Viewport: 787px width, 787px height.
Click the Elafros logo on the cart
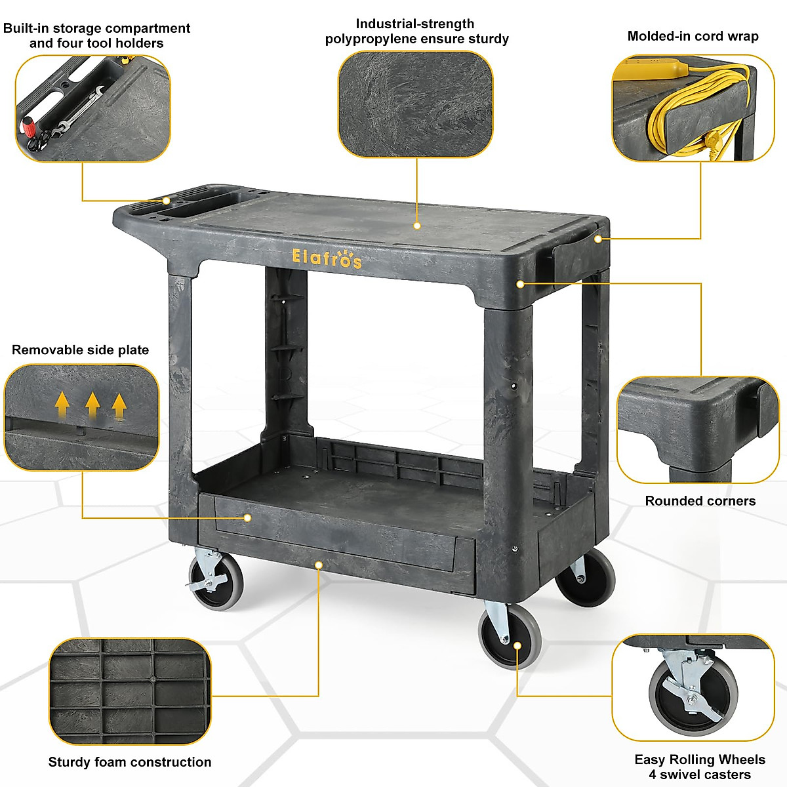click(326, 258)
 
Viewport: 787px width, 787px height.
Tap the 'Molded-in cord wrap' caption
click(693, 36)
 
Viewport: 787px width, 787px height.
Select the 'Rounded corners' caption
click(700, 501)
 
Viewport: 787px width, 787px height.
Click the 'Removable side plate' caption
click(80, 350)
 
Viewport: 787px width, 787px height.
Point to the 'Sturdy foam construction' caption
click(130, 762)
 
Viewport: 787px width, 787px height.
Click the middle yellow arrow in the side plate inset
click(92, 404)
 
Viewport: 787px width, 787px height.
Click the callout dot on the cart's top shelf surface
click(417, 226)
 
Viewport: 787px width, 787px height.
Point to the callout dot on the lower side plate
click(248, 517)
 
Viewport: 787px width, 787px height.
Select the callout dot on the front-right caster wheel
click(517, 646)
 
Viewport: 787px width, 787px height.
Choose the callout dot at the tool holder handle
click(167, 201)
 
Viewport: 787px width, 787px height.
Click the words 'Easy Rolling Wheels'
click(700, 759)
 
